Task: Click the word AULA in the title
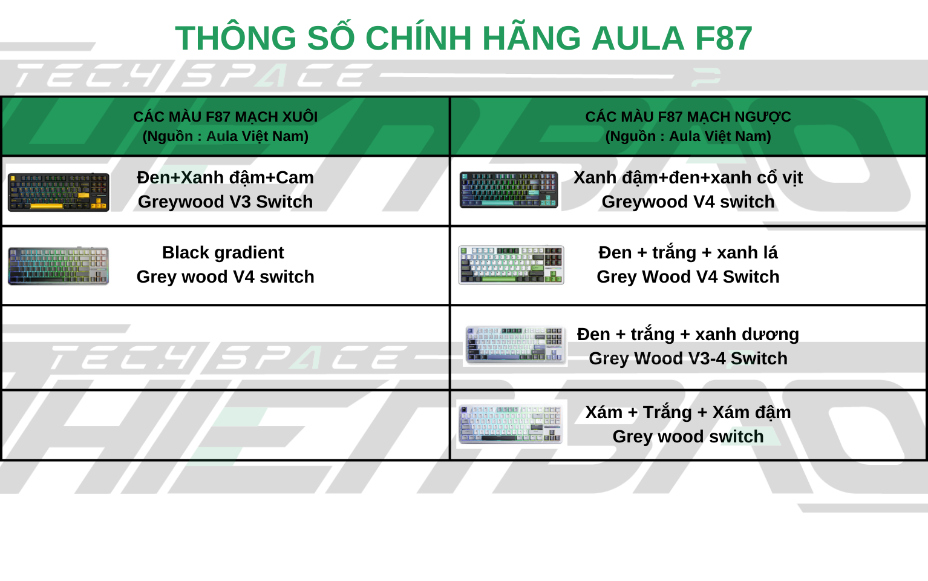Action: click(638, 38)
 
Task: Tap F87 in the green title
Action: click(724, 38)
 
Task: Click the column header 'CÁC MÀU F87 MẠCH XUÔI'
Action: click(226, 117)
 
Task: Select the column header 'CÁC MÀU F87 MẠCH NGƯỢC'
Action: click(688, 117)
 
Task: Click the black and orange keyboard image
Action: click(59, 192)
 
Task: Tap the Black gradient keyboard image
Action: click(59, 266)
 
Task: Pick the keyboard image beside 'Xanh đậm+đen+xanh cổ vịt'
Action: click(509, 190)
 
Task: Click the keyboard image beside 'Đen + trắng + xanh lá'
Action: click(511, 265)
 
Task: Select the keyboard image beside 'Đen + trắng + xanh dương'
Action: click(515, 345)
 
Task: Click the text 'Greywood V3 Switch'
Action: click(226, 202)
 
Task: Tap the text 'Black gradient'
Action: click(223, 253)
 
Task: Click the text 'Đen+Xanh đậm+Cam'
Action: click(226, 177)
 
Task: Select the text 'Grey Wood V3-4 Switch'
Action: click(688, 358)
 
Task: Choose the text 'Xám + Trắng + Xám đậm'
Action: click(688, 412)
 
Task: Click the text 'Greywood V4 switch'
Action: click(688, 202)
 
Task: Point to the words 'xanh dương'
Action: click(747, 335)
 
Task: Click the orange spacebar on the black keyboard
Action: click(47, 206)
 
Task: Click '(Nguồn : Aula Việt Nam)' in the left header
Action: click(226, 136)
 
